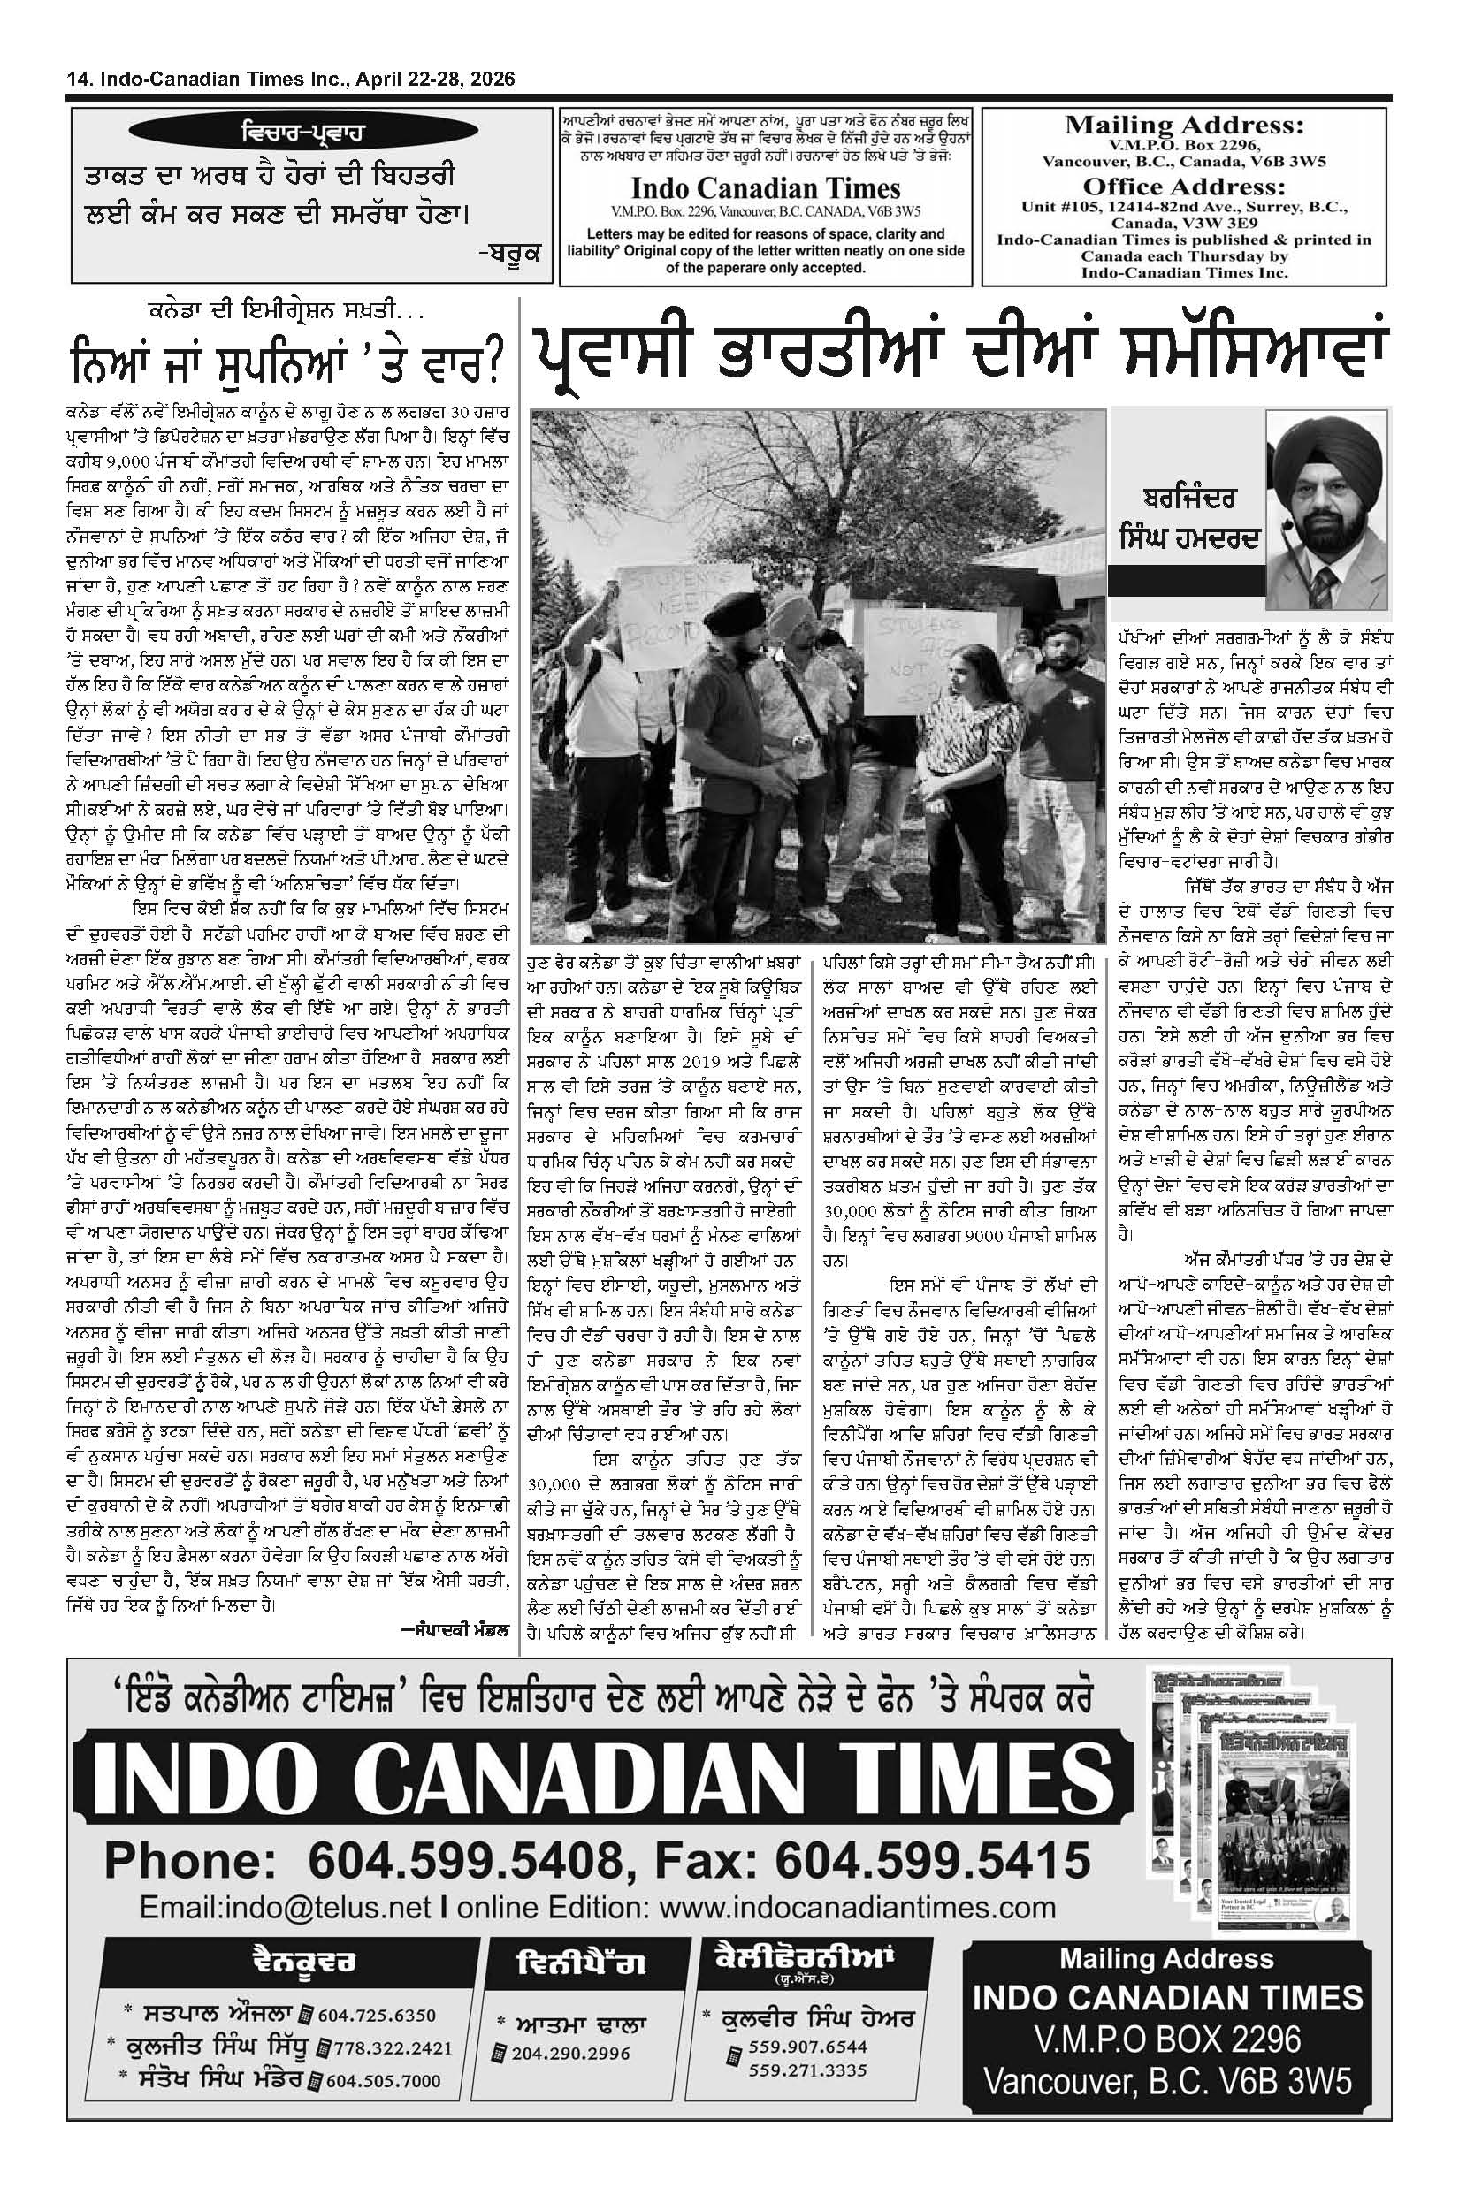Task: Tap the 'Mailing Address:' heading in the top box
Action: click(x=1184, y=126)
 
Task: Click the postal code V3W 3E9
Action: click(x=1252, y=225)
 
